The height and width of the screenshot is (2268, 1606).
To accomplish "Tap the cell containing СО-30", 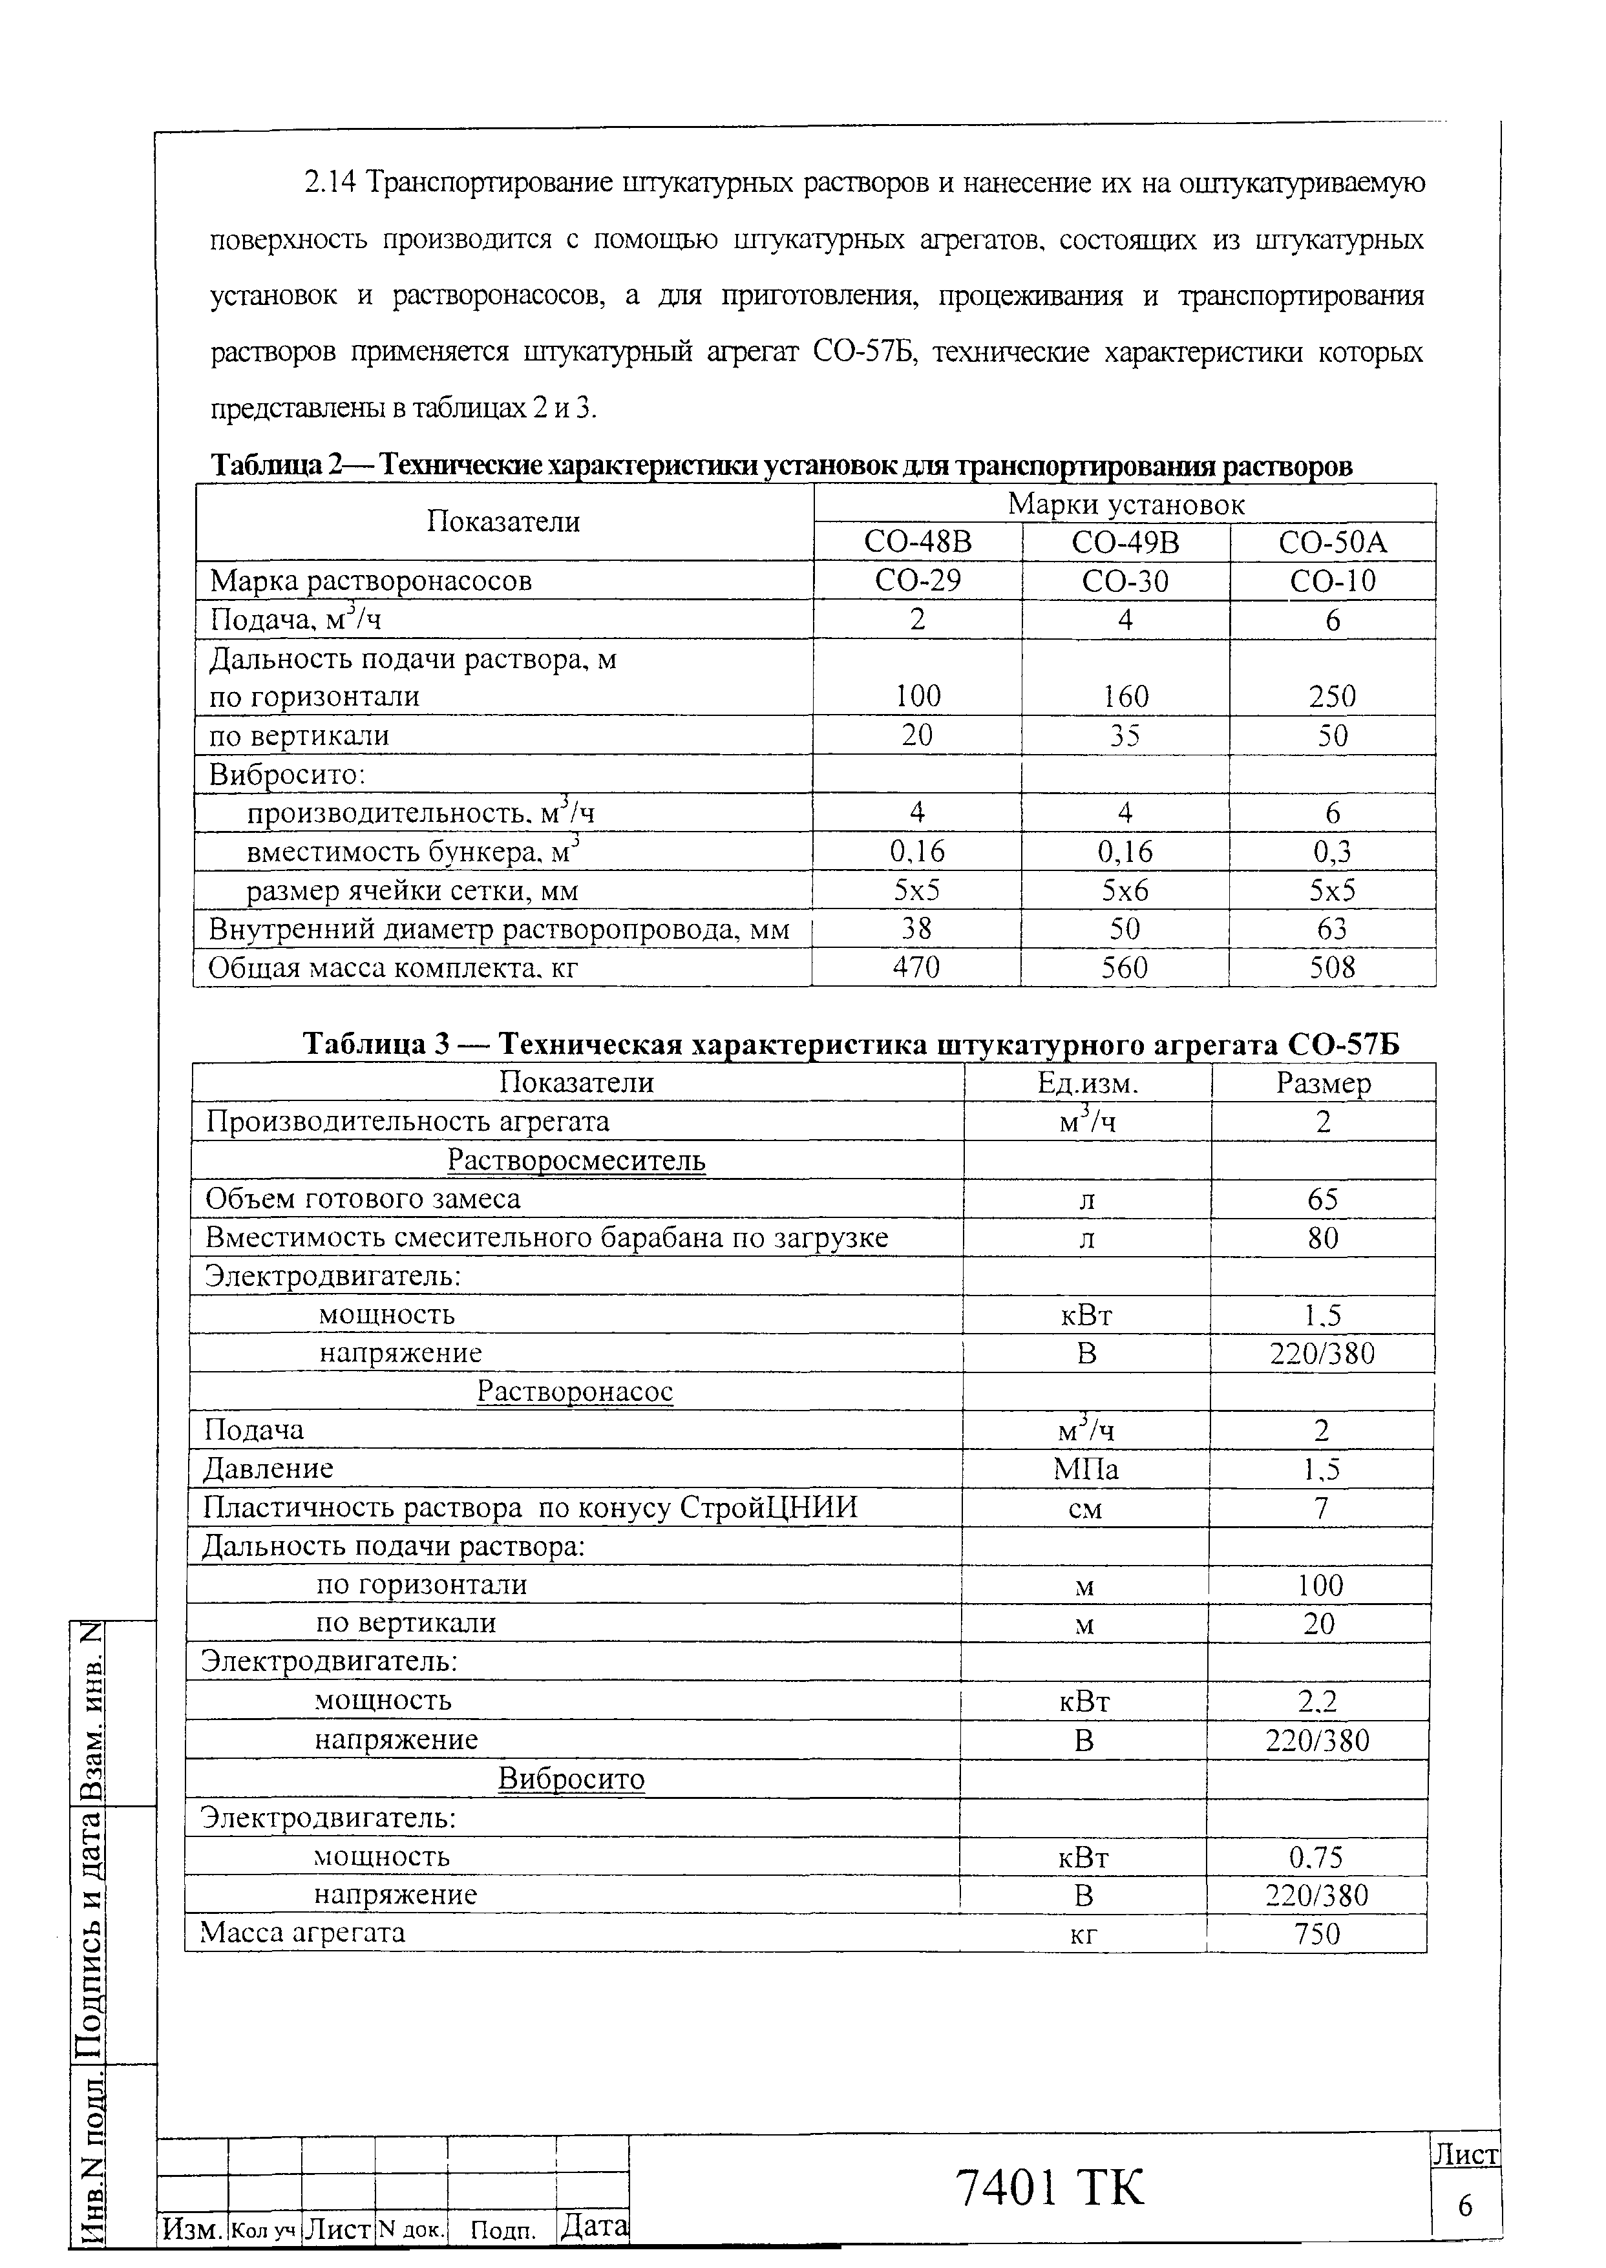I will (x=1125, y=582).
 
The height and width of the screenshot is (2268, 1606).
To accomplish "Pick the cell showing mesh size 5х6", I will (x=1125, y=891).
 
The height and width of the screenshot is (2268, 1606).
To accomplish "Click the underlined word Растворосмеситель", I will (x=576, y=1160).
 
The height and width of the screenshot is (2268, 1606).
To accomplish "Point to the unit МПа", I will (x=1086, y=1469).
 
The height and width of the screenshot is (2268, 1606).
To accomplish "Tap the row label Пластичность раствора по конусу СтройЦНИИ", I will (x=530, y=1507).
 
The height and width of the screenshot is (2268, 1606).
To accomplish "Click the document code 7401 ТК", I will (x=1050, y=2187).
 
